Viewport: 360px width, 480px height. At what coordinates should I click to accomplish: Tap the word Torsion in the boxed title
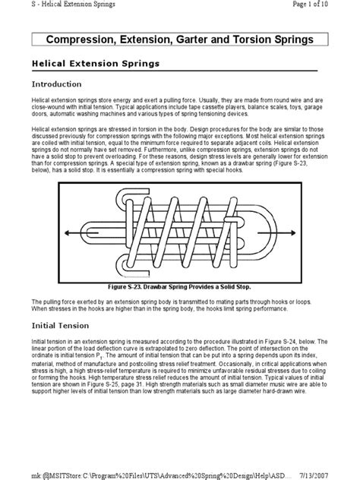point(268,37)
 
